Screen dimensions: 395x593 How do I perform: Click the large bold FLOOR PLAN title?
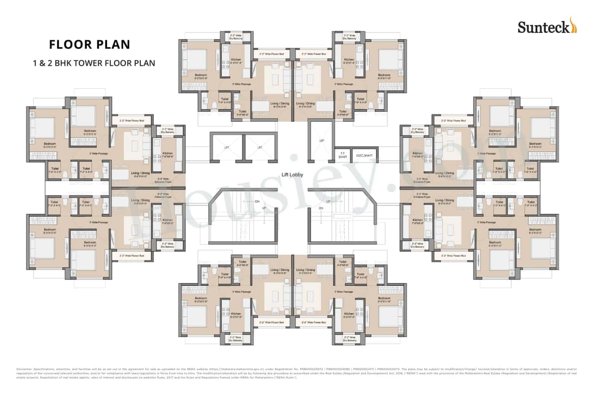tap(89, 44)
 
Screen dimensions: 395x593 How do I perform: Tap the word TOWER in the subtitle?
tap(92, 63)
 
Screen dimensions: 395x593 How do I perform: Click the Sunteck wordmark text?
tap(543, 27)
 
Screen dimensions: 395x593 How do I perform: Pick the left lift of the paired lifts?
tap(227, 147)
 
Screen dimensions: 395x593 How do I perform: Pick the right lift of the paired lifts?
tap(260, 147)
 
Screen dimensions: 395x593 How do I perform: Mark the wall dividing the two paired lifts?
tap(244, 147)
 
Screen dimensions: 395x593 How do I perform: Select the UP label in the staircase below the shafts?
tap(328, 201)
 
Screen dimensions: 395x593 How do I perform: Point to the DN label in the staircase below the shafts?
tap(321, 209)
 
